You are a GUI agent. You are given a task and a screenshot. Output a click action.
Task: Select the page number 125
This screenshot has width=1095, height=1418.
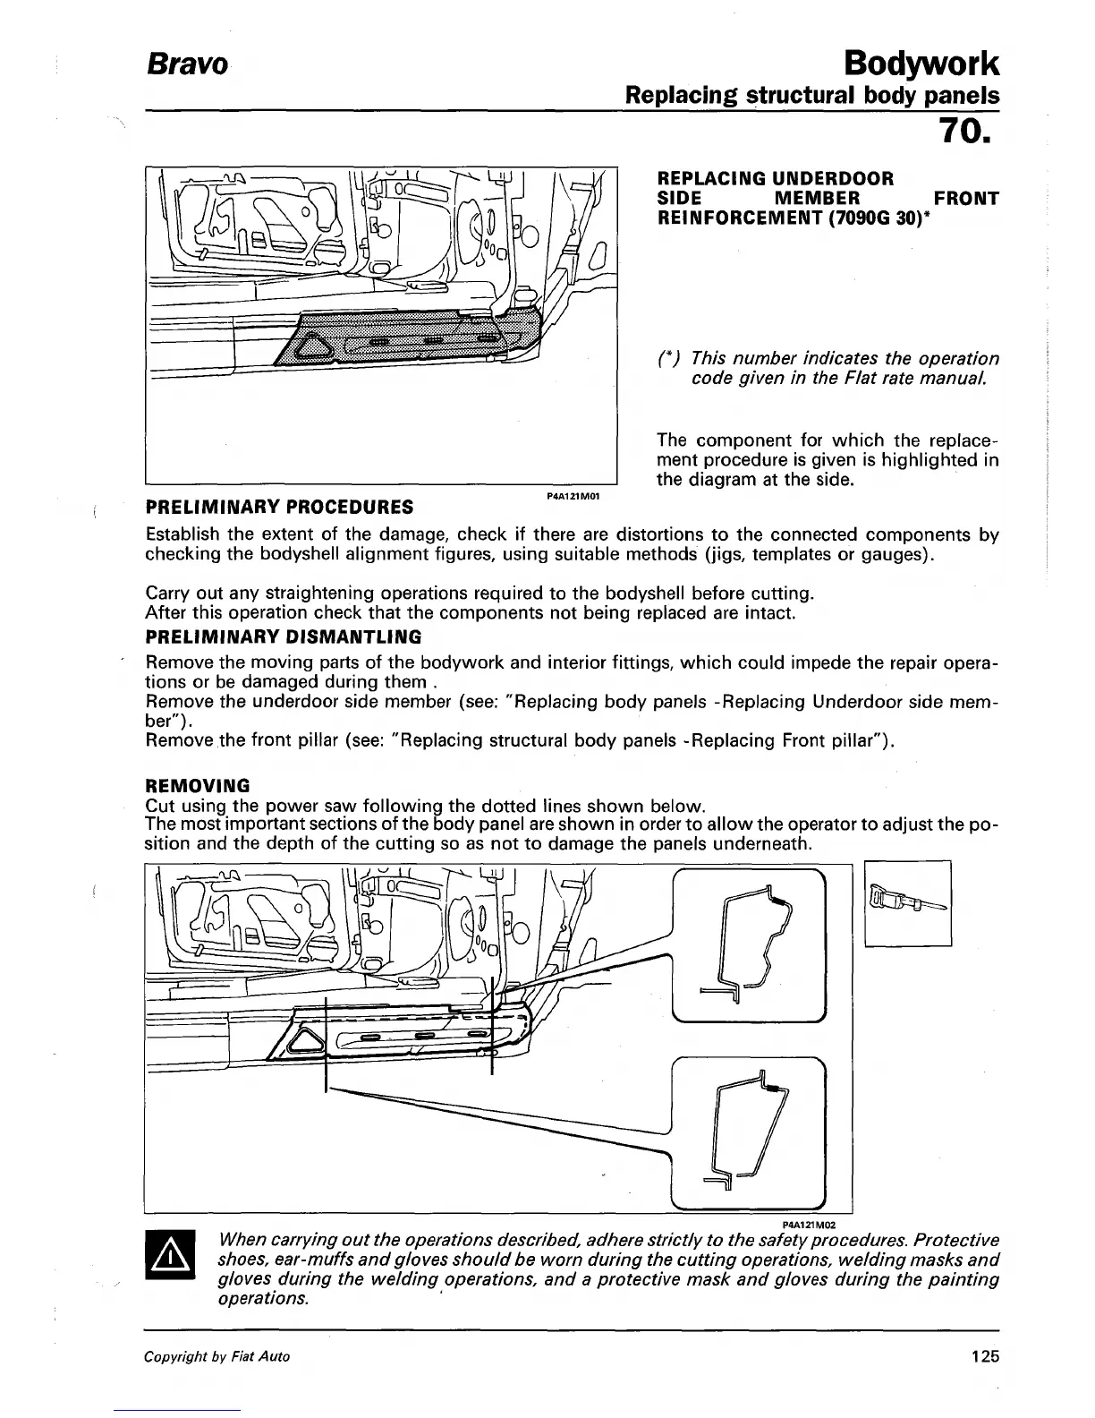click(984, 1356)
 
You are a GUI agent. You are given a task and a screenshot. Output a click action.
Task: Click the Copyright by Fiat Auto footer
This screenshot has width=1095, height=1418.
click(217, 1356)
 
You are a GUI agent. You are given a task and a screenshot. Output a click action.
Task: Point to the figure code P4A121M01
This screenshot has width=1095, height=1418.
click(573, 495)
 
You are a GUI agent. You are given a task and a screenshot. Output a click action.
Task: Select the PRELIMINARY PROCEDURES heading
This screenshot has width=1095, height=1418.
click(279, 508)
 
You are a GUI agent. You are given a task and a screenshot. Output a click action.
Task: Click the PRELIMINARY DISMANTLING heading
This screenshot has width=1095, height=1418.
click(283, 637)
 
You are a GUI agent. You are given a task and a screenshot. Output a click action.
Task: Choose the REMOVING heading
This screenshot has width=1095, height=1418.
click(197, 786)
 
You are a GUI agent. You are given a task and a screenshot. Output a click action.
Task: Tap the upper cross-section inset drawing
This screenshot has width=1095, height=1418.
click(748, 945)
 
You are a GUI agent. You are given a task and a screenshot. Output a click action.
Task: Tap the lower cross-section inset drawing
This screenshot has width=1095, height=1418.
click(748, 1132)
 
